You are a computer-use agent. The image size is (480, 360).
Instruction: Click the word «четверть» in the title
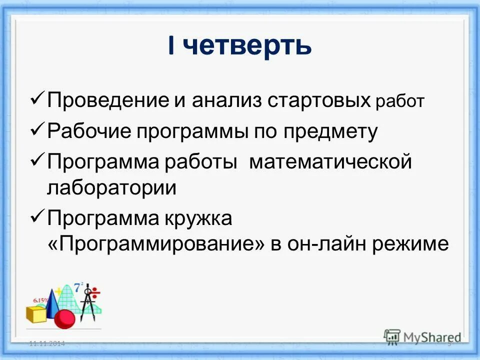[x=247, y=46]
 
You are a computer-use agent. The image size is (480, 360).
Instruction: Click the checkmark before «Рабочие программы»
[x=38, y=130]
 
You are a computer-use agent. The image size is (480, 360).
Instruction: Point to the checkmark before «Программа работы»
[x=38, y=161]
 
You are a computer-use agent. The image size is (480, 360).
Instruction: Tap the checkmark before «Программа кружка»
[x=38, y=217]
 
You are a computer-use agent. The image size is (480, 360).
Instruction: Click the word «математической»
[x=330, y=162]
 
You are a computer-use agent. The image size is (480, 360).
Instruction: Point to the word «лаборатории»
[x=112, y=188]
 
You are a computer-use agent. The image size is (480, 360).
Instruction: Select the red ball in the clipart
[x=64, y=318]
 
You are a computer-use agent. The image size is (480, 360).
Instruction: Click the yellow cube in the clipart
[x=36, y=315]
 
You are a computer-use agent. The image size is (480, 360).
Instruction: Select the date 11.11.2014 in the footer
[x=47, y=344]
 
